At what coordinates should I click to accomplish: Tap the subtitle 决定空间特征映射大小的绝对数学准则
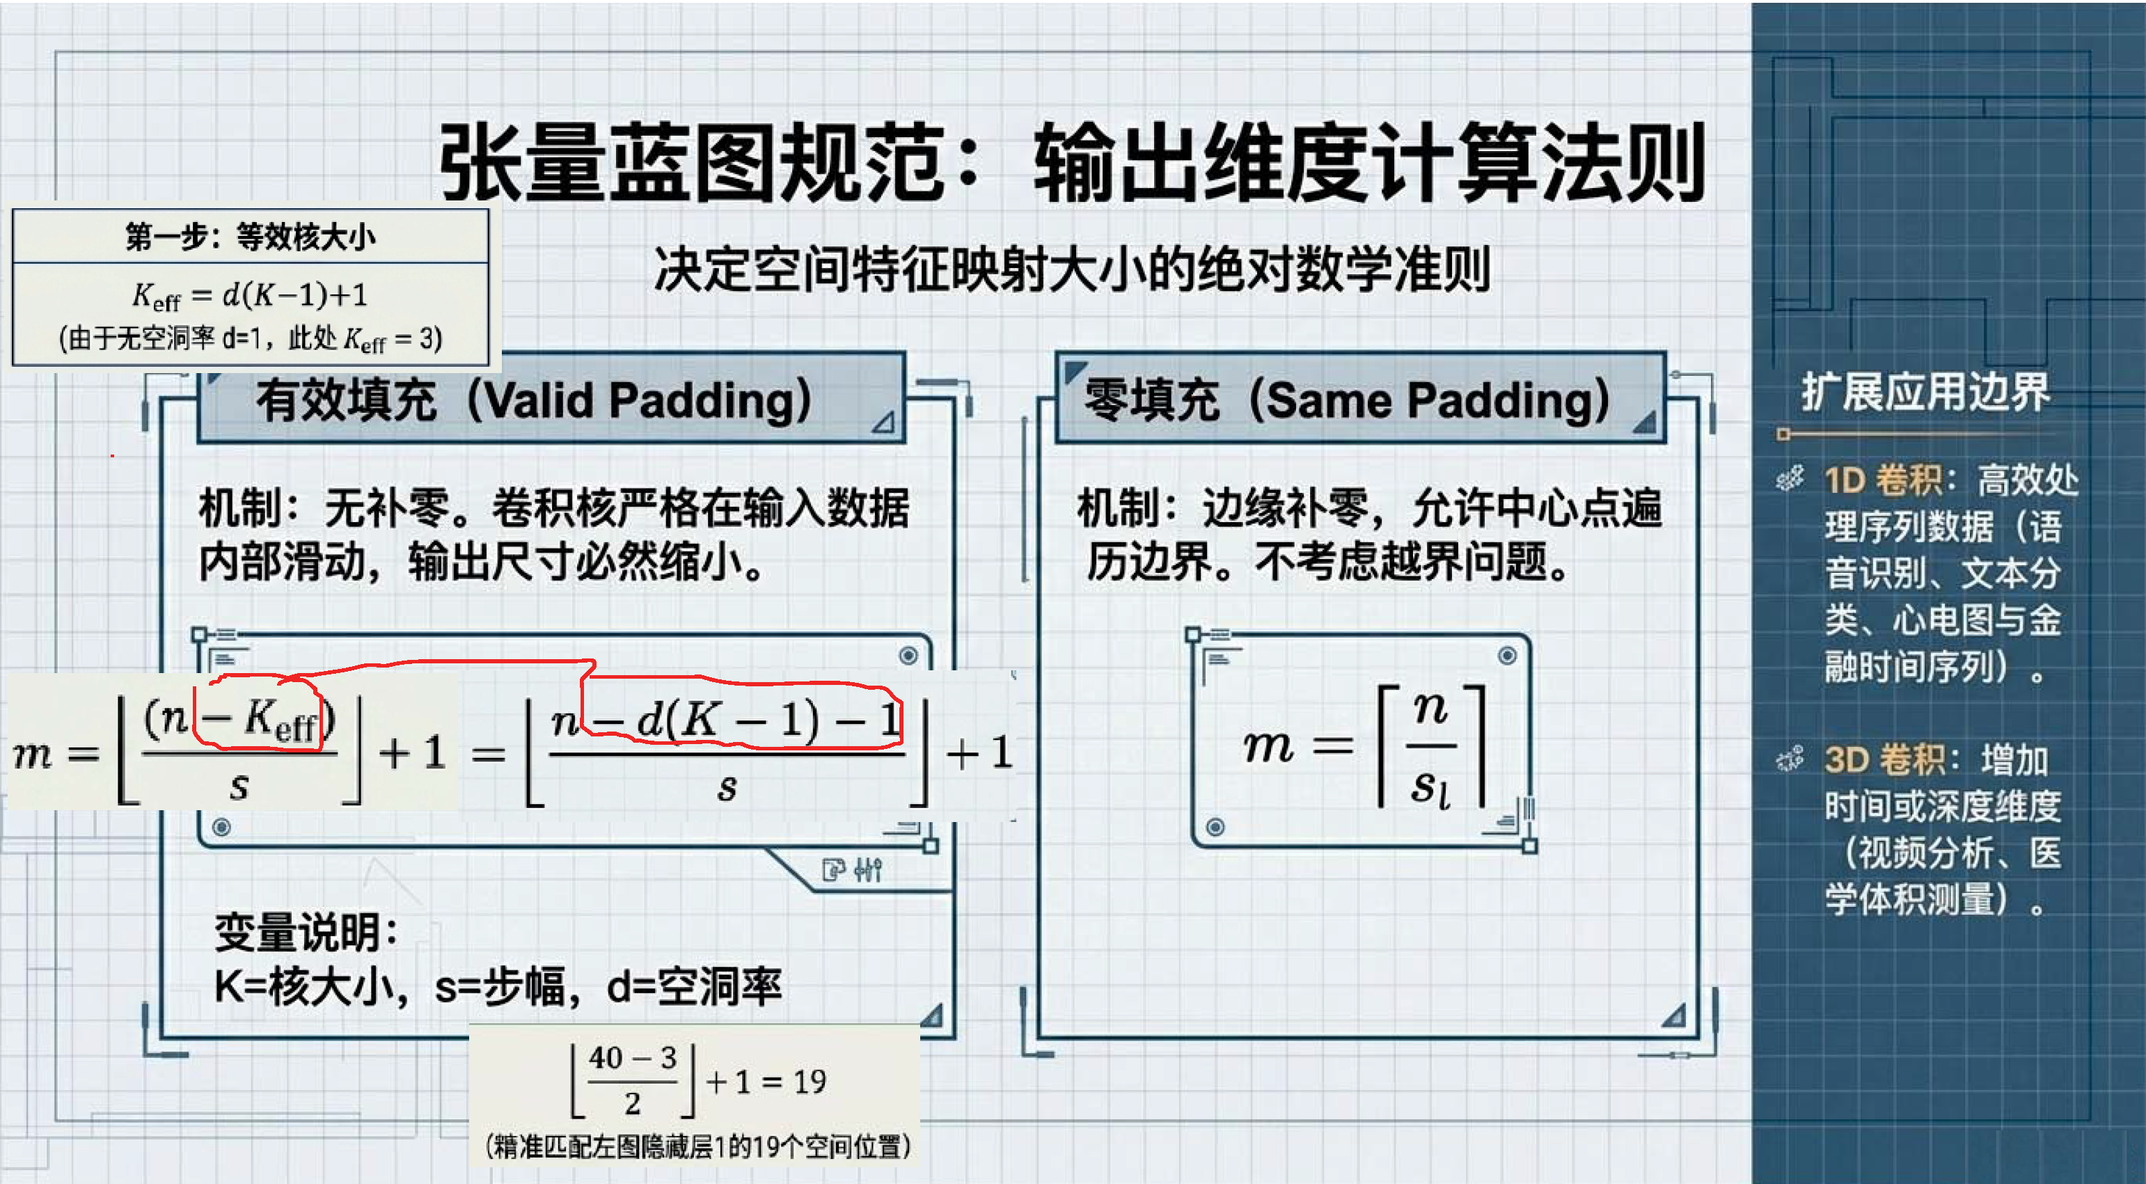coord(1072,269)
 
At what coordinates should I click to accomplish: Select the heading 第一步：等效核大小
coord(250,237)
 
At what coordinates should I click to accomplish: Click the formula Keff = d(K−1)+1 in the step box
coord(250,295)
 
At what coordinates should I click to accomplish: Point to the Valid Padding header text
coord(534,400)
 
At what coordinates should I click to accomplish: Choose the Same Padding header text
coord(1348,400)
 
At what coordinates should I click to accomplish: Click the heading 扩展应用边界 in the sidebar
coord(1925,392)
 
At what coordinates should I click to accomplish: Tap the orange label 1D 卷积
coord(1884,481)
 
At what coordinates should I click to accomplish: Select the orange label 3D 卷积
coord(1884,760)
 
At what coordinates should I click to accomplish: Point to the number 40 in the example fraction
coord(606,1058)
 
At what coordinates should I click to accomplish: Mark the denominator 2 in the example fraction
coord(633,1104)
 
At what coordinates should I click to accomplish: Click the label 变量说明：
coord(306,932)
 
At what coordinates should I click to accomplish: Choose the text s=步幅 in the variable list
coord(499,986)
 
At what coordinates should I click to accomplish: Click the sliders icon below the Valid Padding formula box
coord(868,870)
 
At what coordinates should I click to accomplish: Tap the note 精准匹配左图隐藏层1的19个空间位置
coord(697,1146)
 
